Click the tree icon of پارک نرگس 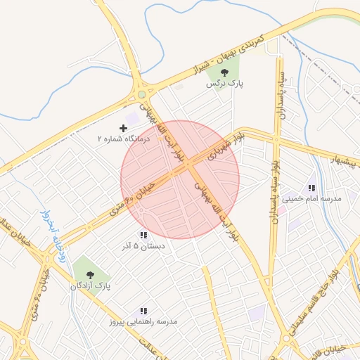click(224, 72)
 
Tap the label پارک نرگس click(224, 83)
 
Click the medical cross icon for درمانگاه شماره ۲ click(124, 128)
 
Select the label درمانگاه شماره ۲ click(124, 139)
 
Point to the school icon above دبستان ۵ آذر click(143, 235)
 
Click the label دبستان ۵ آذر click(143, 247)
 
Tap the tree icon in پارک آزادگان click(89, 274)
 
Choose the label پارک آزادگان click(90, 286)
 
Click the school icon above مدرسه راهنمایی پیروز click(143, 310)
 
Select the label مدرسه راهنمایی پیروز click(143, 322)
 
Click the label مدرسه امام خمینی click(312, 199)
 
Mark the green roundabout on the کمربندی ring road click(142, 94)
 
